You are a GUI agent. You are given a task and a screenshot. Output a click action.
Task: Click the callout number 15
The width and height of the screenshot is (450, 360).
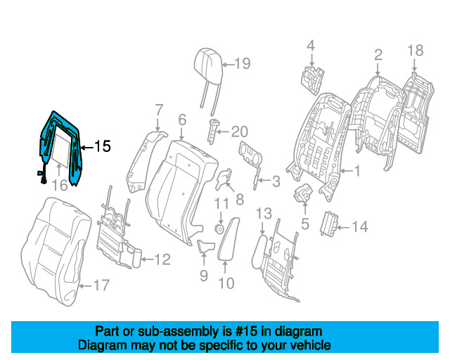[x=103, y=146]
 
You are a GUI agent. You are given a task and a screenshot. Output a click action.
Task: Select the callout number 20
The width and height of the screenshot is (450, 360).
[x=239, y=131]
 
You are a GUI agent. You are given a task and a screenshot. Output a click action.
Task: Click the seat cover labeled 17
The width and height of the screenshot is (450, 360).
[x=56, y=251]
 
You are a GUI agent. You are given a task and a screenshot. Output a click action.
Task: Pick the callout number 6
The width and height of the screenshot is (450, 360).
[x=182, y=120]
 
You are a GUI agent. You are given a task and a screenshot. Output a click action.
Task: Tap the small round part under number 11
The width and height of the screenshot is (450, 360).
[x=220, y=229]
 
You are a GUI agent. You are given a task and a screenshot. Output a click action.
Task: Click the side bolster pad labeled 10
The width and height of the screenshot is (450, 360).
[x=229, y=239]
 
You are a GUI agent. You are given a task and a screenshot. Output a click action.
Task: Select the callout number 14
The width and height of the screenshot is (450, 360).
[x=359, y=227]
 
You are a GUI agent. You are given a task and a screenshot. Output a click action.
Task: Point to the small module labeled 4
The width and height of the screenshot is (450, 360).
[x=312, y=80]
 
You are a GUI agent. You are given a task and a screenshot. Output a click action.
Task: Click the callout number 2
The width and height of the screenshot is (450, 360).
[x=378, y=55]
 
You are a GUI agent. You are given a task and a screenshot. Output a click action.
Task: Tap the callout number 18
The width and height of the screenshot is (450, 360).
[x=416, y=51]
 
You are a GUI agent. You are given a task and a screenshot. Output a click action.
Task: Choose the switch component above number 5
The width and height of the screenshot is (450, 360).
[x=303, y=193]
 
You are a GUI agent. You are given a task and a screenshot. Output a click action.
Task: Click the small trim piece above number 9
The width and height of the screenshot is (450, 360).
[x=205, y=246]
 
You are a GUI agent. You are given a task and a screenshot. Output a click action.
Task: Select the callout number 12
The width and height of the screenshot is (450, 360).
[x=162, y=259]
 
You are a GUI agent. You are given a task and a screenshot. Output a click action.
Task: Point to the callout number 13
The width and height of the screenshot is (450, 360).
[x=264, y=214]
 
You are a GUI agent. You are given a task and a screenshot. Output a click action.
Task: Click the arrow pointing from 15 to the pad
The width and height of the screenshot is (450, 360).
[x=87, y=148]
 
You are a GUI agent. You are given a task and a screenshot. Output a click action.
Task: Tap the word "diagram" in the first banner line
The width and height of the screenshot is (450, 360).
[x=298, y=332]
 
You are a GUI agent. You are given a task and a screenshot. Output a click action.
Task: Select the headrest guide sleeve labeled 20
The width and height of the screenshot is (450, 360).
[x=213, y=131]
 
